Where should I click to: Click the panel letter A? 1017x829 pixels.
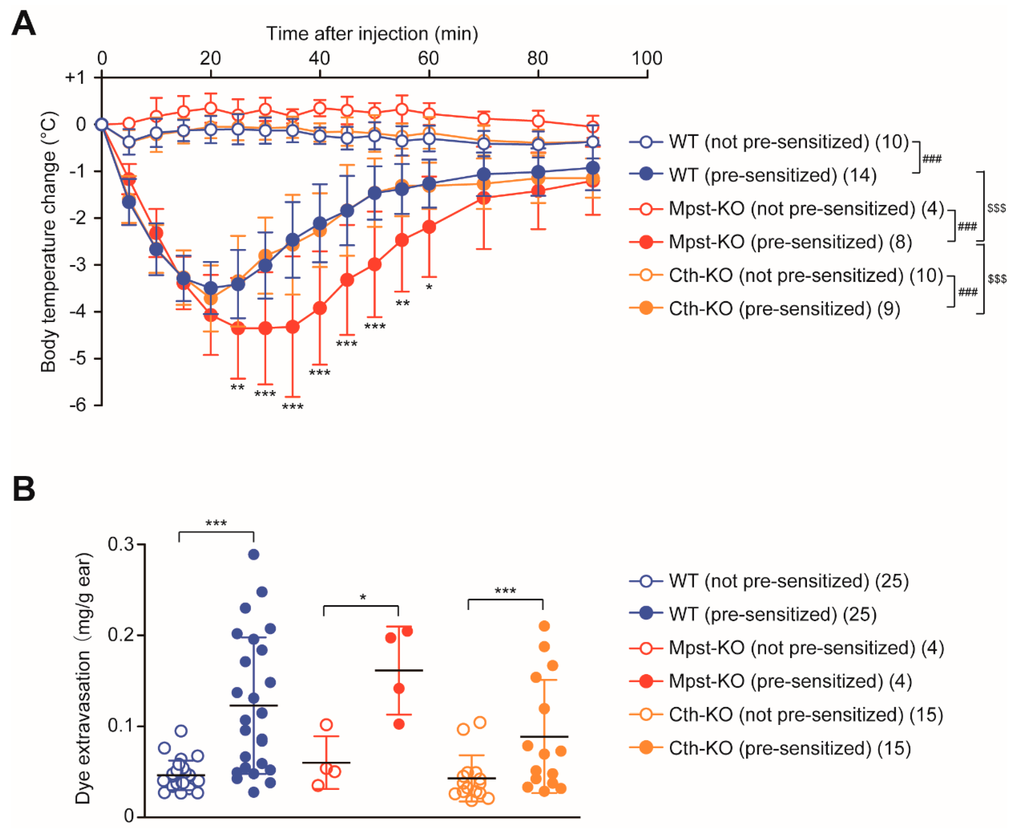[24, 24]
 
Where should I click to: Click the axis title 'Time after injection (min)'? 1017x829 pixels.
[372, 34]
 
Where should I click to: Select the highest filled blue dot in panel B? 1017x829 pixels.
[254, 554]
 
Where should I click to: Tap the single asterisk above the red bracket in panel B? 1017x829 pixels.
[363, 597]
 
